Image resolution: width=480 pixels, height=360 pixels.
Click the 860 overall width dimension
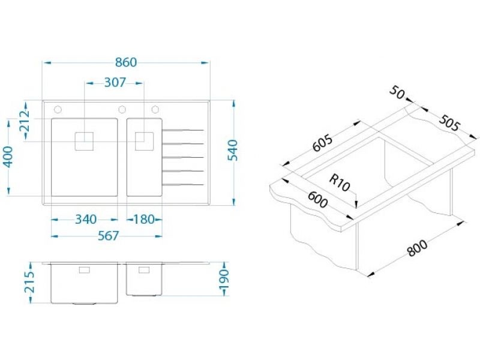click(x=126, y=62)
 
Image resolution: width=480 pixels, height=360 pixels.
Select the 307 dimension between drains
click(x=115, y=83)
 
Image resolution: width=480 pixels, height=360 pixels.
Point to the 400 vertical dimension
click(x=8, y=157)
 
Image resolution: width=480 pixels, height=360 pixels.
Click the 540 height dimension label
click(x=233, y=151)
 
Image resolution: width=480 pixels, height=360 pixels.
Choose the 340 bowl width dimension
click(x=86, y=220)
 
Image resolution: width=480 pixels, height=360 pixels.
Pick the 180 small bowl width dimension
click(x=144, y=220)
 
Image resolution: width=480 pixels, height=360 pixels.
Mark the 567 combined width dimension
click(x=108, y=236)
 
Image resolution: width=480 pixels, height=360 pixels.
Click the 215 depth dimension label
click(x=30, y=282)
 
